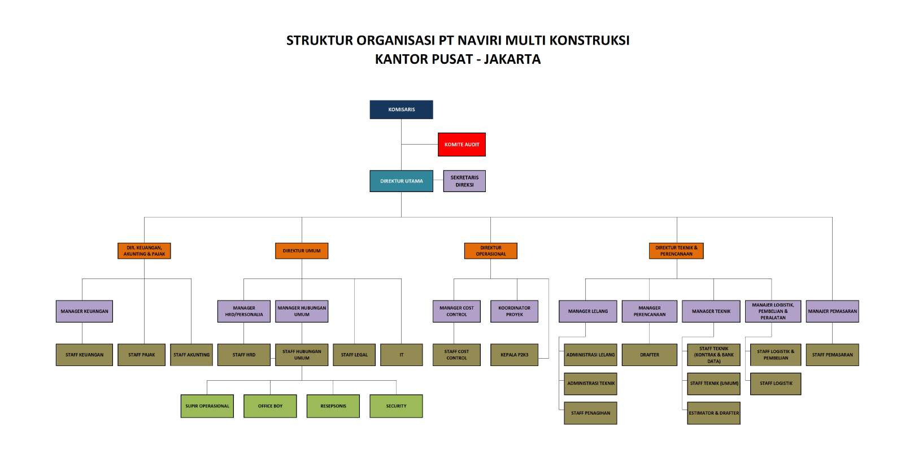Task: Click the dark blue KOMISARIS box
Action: click(x=401, y=110)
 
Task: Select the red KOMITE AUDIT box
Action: click(x=462, y=145)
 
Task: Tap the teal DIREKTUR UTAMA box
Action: click(x=401, y=181)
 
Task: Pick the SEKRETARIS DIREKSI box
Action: click(x=464, y=181)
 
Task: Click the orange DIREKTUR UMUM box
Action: click(x=302, y=251)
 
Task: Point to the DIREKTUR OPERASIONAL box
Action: click(x=490, y=251)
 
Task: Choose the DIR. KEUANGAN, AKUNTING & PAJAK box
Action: click(x=144, y=251)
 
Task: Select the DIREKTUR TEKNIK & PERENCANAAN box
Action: click(x=676, y=251)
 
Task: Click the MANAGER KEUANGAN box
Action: click(x=84, y=311)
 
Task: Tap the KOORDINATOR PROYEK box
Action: click(x=514, y=311)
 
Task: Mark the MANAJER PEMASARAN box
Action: click(x=832, y=311)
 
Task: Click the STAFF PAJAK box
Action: click(x=141, y=355)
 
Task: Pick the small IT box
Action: click(x=401, y=355)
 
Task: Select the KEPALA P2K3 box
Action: click(x=514, y=355)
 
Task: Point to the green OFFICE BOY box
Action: click(x=270, y=406)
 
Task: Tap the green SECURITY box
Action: click(x=396, y=406)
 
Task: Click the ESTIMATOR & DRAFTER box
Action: click(x=713, y=413)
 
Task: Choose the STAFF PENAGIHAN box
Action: click(x=590, y=413)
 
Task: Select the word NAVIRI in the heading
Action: click(x=480, y=41)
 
